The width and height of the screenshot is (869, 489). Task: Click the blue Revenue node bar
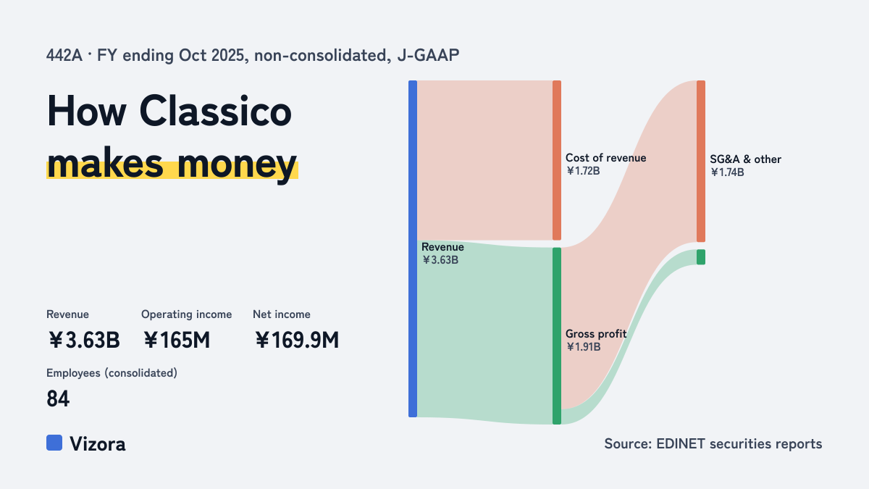point(413,248)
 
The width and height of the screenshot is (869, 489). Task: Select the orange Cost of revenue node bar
point(557,160)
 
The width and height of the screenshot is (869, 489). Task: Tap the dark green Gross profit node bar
point(557,335)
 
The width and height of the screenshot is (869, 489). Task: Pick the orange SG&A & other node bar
point(701,161)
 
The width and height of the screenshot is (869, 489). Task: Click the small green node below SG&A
point(701,257)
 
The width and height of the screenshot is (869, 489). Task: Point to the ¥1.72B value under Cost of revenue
point(583,171)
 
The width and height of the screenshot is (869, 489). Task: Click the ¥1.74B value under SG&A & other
point(727,172)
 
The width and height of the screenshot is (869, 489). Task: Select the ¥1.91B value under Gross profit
point(584,346)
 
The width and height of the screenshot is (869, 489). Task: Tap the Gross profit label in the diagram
point(596,334)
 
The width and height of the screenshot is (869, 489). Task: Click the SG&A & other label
point(746,159)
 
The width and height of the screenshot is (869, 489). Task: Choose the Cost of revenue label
point(605,158)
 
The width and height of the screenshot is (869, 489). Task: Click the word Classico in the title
point(215,112)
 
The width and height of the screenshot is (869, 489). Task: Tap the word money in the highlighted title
point(237,165)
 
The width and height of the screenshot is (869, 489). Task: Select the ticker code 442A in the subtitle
point(64,55)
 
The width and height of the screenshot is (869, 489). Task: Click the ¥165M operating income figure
point(177,340)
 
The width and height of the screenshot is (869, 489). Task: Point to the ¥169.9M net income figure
point(297,340)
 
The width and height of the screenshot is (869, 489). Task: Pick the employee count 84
point(58,399)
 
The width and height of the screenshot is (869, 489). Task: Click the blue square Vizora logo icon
point(54,443)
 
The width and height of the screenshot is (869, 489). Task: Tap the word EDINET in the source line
point(681,443)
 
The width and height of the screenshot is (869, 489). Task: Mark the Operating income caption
point(187,314)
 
